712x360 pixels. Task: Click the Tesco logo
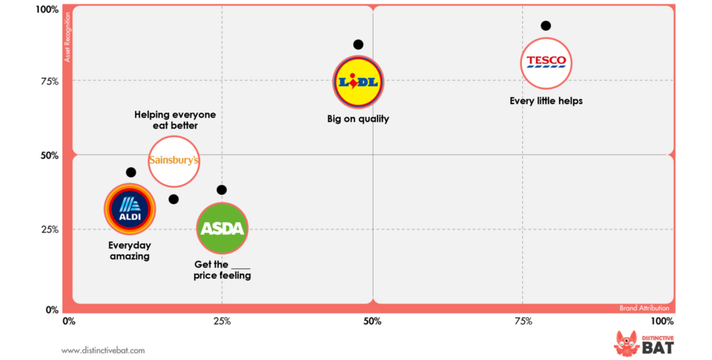[x=546, y=63]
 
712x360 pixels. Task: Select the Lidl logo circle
[x=358, y=82]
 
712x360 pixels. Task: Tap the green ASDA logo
[x=222, y=229]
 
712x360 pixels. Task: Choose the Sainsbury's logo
[x=175, y=161]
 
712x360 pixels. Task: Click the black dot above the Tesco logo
[x=546, y=26]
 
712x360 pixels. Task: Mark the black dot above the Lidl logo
[x=358, y=44]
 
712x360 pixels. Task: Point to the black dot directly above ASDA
[x=222, y=190]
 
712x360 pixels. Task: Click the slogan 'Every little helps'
[x=546, y=101]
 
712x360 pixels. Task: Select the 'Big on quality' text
[x=358, y=119]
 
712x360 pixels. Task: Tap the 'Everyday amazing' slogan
[x=129, y=251]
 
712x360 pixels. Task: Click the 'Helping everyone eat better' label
[x=175, y=120]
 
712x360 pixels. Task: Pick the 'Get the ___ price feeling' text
[x=222, y=270]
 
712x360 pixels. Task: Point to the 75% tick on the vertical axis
[x=49, y=81]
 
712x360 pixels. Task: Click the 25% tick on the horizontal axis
[x=222, y=321]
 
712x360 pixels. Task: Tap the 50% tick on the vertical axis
[x=49, y=156]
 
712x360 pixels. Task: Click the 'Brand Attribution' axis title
[x=644, y=308]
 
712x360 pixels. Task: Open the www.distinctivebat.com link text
[x=103, y=350]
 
